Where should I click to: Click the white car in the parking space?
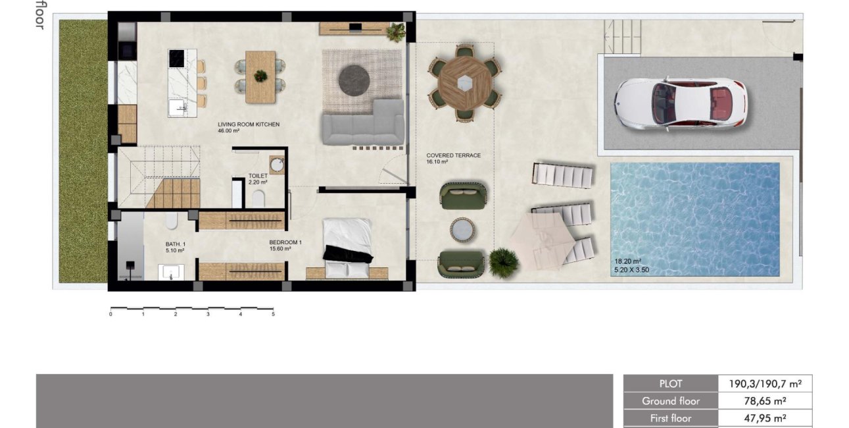tap(680, 103)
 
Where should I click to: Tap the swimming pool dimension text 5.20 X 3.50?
tap(631, 269)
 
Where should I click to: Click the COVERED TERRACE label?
tap(453, 155)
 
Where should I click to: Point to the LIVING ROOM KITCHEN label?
tap(249, 124)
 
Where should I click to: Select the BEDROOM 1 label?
tap(285, 243)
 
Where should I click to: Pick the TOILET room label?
tap(258, 176)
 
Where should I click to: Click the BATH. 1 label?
tap(176, 244)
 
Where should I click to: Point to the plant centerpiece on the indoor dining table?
tap(261, 75)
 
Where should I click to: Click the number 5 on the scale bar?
tap(273, 315)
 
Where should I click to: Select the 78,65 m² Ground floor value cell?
tap(765, 400)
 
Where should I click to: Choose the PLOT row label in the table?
tap(670, 384)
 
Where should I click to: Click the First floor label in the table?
tap(670, 417)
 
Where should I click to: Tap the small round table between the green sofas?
tap(463, 229)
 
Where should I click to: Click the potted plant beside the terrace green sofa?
tap(503, 261)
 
